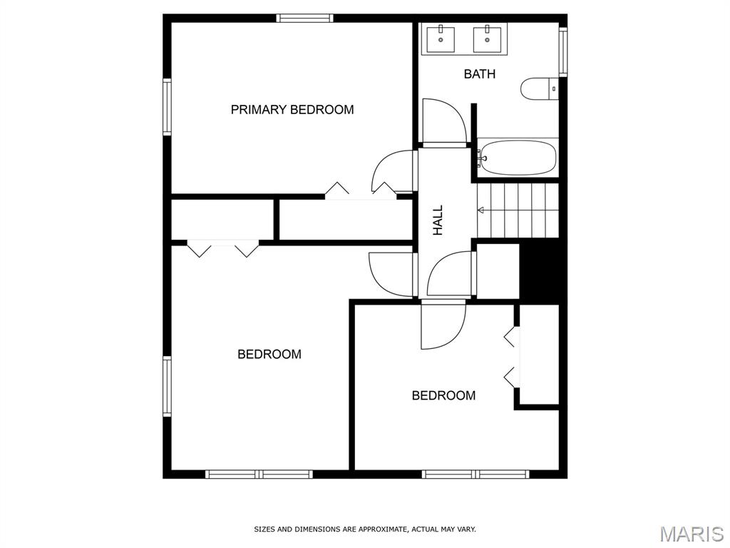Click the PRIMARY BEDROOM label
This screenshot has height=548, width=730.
(292, 109)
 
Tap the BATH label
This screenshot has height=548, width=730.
(480, 73)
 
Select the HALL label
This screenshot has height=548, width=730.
(438, 220)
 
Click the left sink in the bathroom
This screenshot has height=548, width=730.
(441, 40)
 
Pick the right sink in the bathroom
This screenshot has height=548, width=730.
(488, 40)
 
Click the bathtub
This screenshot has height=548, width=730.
(518, 158)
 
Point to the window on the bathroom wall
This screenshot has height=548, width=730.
(563, 51)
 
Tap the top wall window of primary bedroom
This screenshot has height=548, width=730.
(305, 18)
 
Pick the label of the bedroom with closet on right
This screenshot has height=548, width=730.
(443, 395)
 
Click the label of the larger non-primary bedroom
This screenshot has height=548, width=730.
(269, 354)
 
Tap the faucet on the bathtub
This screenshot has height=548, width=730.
(482, 158)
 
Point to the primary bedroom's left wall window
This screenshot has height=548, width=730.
(167, 107)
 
